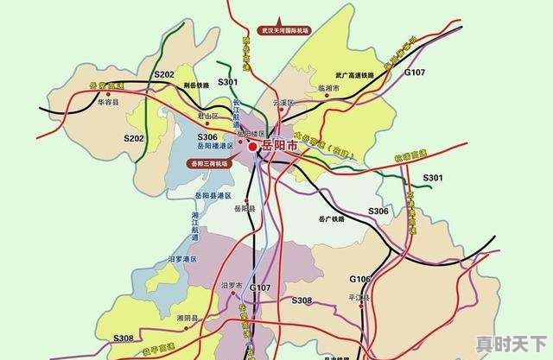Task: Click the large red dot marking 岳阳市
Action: point(252,147)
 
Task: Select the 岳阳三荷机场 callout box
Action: point(208,162)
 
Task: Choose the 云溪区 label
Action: point(284,103)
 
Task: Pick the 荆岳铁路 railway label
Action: point(197,85)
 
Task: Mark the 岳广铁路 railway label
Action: point(333,219)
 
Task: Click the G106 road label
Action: point(360,279)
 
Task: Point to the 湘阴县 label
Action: point(188,319)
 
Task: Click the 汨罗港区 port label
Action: point(182,259)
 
